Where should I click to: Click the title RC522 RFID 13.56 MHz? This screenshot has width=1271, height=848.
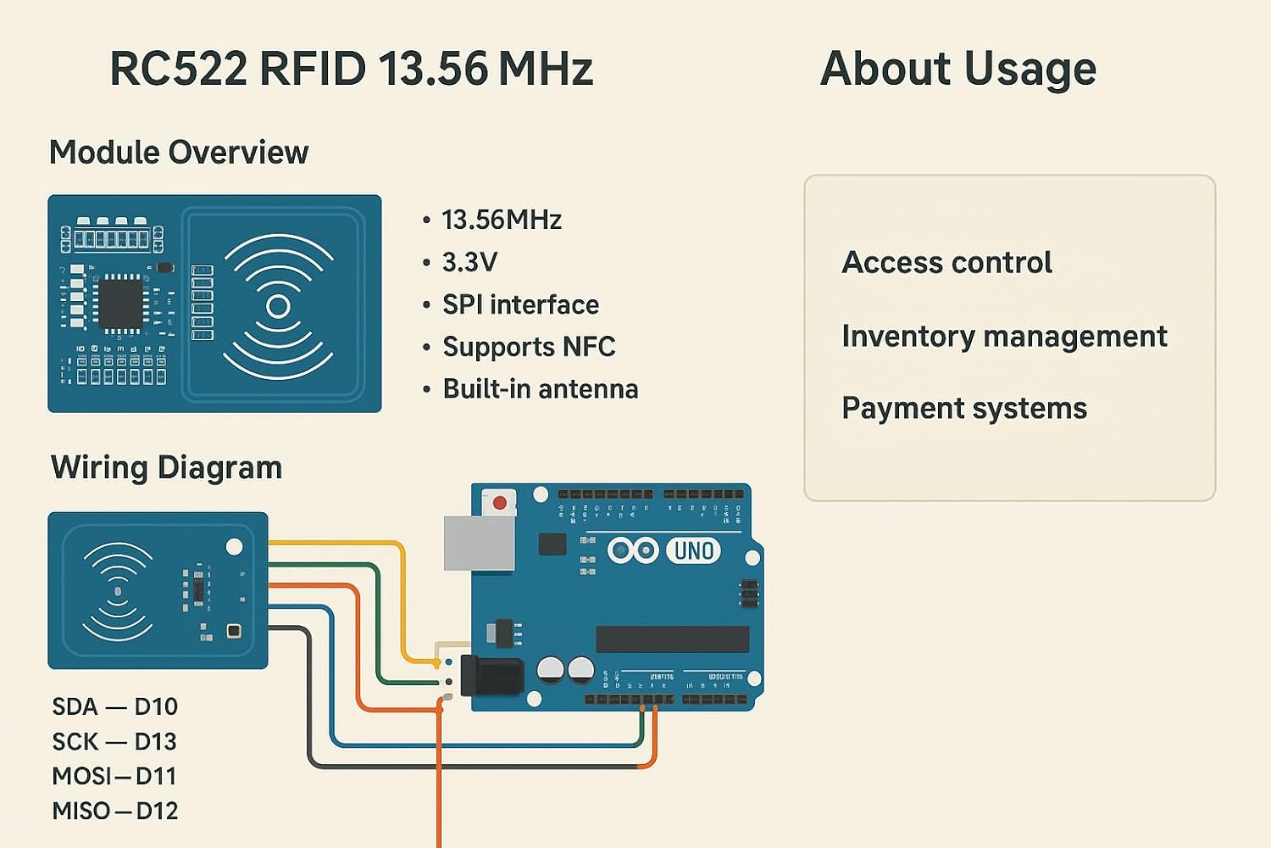pos(351,70)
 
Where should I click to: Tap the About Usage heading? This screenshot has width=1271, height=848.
pos(958,70)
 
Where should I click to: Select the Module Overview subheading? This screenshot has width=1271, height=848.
pos(179,153)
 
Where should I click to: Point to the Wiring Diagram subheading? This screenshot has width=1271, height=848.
pos(166,467)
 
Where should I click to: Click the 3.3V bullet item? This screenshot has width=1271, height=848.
pos(469,262)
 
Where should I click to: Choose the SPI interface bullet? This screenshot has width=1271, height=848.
pos(520,304)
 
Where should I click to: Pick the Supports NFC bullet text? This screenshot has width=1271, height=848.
pos(529,347)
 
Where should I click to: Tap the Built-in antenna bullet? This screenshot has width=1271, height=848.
pos(541,389)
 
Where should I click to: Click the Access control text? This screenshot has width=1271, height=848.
pos(946,263)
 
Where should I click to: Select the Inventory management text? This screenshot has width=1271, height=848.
pos(1004,337)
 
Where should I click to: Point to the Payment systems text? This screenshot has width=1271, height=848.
pos(964,409)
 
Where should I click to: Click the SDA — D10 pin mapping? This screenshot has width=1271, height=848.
pos(115,706)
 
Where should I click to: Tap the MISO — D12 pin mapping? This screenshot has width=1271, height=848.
pos(115,811)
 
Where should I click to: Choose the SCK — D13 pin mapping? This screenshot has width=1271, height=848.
pos(114,741)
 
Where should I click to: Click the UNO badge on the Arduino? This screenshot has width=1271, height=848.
pos(693,551)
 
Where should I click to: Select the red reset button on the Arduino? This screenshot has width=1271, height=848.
pos(500,503)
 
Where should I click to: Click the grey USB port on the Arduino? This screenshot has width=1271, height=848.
pos(479,543)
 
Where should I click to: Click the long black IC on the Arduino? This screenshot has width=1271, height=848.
pos(673,639)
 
